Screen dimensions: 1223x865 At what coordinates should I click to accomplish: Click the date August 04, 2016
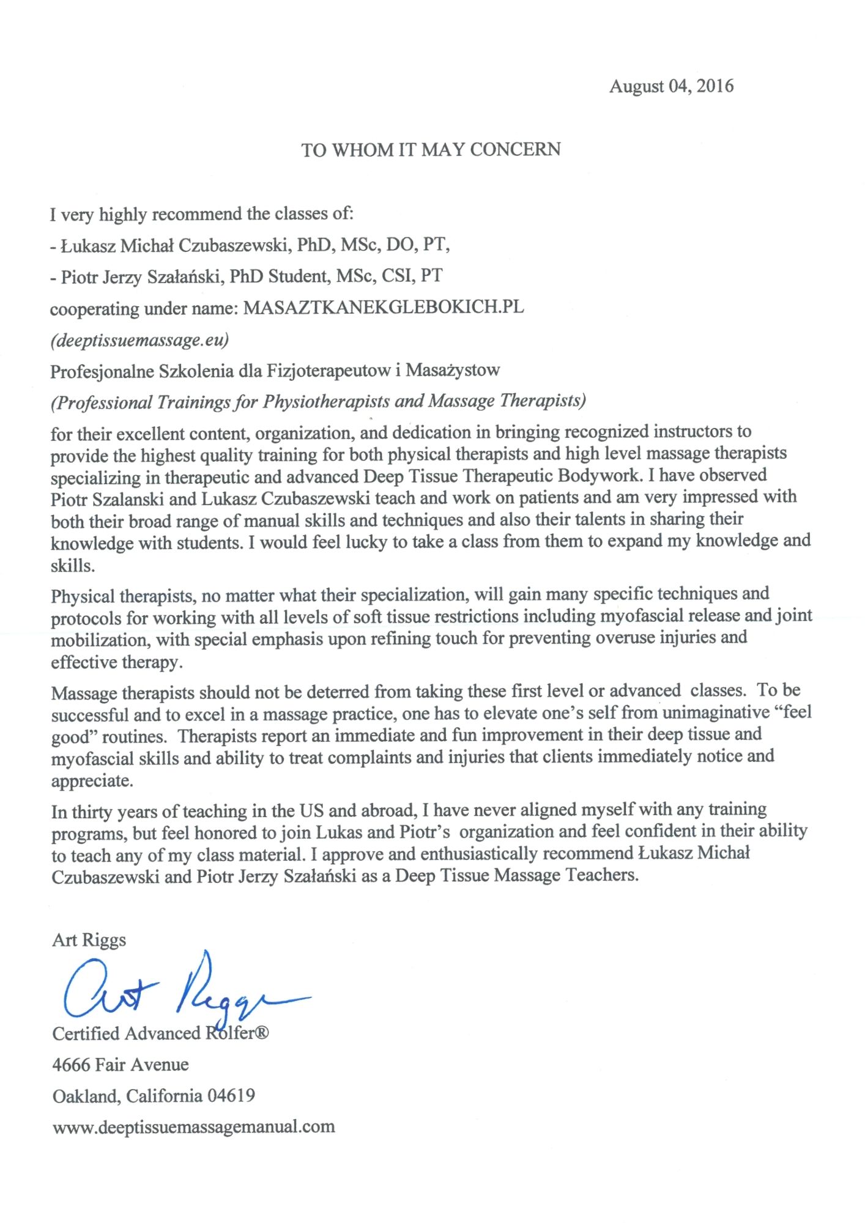[x=670, y=86]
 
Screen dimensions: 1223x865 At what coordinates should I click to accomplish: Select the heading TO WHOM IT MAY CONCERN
[x=431, y=150]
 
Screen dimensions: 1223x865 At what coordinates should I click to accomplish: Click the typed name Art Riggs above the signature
[x=89, y=940]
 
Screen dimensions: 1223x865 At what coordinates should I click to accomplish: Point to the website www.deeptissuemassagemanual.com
[x=193, y=1126]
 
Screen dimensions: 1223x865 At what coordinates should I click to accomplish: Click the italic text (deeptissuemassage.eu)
[x=139, y=339]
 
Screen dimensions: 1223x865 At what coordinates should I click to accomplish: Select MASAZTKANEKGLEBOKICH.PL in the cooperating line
[x=384, y=307]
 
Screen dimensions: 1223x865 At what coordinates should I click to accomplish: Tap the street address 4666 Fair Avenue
[x=120, y=1065]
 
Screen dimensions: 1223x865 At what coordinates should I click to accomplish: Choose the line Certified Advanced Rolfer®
[x=160, y=1033]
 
